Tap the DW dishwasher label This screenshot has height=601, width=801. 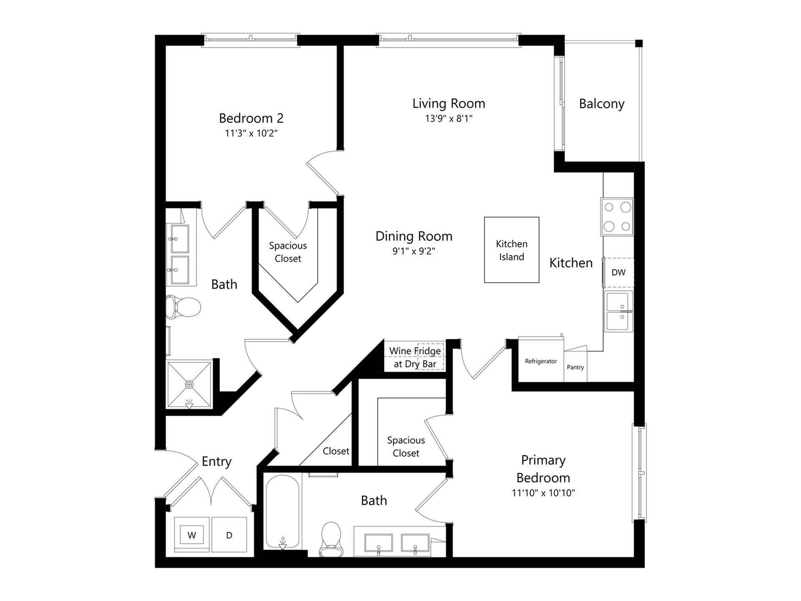[x=618, y=273]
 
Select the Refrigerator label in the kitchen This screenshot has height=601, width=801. [x=541, y=361]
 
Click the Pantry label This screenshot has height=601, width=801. [x=575, y=367]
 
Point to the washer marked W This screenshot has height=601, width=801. [x=191, y=535]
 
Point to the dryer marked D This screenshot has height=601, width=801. [x=229, y=535]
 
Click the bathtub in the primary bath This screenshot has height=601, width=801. [x=282, y=512]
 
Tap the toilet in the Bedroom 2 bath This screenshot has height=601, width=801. [x=183, y=307]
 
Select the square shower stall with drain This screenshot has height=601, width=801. [x=189, y=384]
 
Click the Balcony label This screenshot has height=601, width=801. [x=602, y=104]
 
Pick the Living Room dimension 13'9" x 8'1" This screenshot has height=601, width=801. [x=448, y=119]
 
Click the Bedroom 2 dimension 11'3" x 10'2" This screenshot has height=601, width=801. [x=251, y=134]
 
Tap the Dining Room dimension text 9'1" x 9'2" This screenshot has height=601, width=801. [x=414, y=251]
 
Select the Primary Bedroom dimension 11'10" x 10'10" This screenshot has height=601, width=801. [x=543, y=493]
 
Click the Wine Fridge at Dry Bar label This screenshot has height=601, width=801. [x=415, y=357]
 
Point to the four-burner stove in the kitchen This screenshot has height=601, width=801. [x=617, y=217]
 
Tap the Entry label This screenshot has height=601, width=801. [x=217, y=462]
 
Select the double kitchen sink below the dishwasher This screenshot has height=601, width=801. [x=619, y=311]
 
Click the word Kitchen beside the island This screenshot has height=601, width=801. [x=571, y=263]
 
